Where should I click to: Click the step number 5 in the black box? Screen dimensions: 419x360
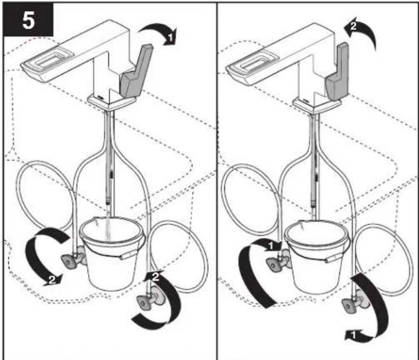coord(28,20)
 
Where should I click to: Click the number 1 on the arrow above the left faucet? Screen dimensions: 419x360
coord(171,37)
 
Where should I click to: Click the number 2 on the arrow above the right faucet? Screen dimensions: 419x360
coord(353,26)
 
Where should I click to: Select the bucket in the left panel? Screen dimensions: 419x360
coord(113,254)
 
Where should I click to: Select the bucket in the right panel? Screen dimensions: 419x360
coord(317,256)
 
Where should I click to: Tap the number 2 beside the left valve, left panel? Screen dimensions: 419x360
coord(52,279)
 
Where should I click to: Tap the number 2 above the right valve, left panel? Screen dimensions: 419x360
coord(156,276)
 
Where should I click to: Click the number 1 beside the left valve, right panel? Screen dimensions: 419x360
coord(271,246)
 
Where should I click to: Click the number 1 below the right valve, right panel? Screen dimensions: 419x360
coord(353,334)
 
